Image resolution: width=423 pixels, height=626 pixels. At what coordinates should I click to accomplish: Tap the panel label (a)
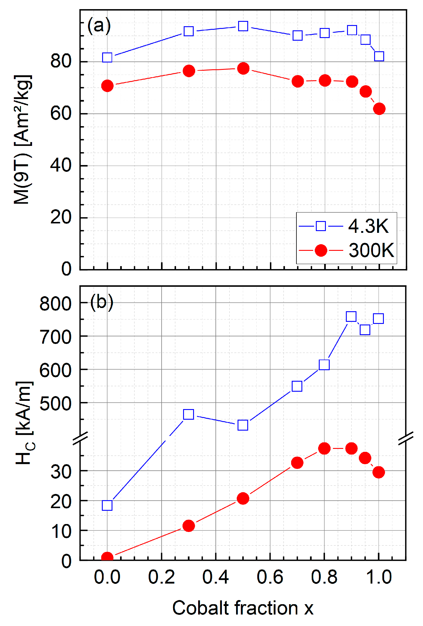tap(99, 26)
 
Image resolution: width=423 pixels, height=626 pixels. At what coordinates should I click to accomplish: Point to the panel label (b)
tap(102, 302)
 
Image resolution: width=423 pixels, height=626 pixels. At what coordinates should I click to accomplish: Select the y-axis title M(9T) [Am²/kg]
tap(22, 140)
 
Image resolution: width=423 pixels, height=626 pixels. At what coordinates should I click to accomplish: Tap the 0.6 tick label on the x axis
tap(270, 577)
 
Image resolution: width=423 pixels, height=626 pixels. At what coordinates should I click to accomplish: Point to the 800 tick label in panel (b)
tap(55, 304)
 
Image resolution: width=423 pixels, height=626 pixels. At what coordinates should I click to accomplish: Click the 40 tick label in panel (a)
tap(61, 165)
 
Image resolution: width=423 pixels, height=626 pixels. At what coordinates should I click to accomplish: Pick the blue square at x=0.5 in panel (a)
tap(243, 26)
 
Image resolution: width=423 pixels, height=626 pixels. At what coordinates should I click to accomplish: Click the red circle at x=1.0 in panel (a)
tap(379, 109)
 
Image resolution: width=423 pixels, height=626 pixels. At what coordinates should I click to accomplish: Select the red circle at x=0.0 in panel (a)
tap(107, 86)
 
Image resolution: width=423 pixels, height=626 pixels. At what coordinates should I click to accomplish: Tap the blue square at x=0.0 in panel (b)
tap(107, 505)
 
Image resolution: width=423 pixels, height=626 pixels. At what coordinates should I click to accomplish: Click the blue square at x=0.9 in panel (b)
tap(351, 317)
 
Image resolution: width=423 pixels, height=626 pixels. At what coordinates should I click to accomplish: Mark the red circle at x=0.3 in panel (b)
tap(189, 525)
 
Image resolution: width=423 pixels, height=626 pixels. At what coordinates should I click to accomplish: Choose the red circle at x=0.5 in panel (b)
tap(243, 498)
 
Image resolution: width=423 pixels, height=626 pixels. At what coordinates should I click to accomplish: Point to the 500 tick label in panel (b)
tap(55, 403)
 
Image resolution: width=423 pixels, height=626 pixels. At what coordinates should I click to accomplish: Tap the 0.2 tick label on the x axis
tap(161, 577)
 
